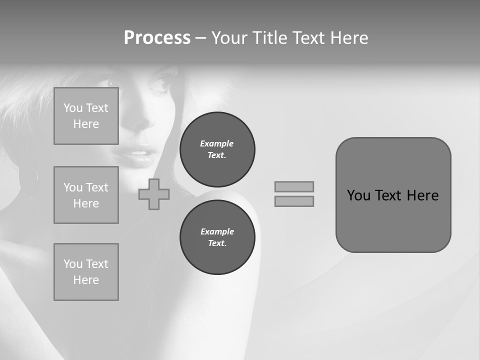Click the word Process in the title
(157, 38)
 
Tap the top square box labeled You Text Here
(86, 116)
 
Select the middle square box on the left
(86, 195)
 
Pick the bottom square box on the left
(86, 272)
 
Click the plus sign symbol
(154, 194)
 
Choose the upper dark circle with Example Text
(217, 149)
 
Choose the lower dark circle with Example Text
(217, 237)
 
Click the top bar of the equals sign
(294, 186)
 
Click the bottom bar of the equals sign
(294, 201)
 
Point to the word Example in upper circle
(216, 143)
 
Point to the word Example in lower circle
(216, 231)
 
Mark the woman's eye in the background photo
(159, 84)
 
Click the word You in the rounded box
(359, 195)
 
